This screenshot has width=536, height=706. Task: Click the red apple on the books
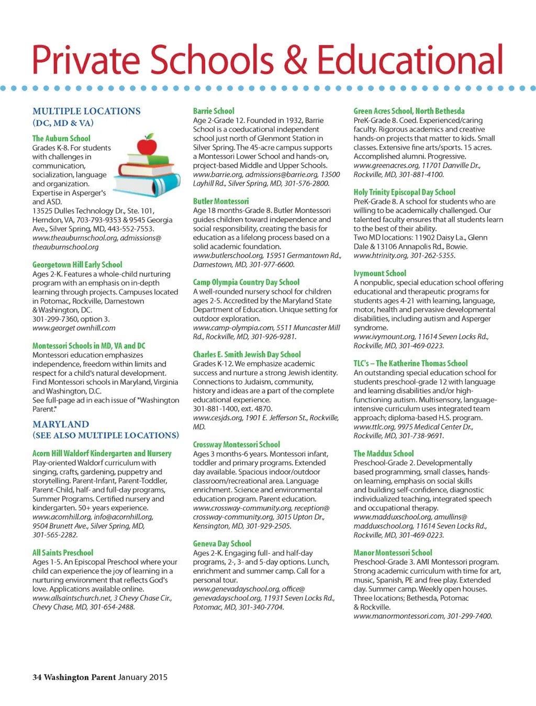(x=147, y=144)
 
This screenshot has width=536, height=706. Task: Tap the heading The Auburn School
(x=61, y=139)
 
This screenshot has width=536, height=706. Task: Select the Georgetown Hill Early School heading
(x=77, y=265)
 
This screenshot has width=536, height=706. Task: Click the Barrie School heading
(x=214, y=111)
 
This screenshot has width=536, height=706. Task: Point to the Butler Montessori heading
(x=221, y=201)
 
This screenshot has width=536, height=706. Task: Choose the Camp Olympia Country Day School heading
(x=246, y=282)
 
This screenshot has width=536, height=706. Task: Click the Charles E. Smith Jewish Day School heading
(x=247, y=354)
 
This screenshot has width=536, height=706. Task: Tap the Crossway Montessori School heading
(x=236, y=444)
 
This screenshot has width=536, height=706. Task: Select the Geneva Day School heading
(x=222, y=544)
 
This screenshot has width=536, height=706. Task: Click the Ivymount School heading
(x=379, y=273)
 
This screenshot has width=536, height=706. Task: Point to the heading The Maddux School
(x=383, y=454)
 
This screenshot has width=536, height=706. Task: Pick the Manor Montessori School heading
(x=393, y=553)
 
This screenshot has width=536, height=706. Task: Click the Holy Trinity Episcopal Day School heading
(x=404, y=192)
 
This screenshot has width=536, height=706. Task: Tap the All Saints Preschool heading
(x=63, y=553)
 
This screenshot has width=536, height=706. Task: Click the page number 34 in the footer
(x=37, y=677)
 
